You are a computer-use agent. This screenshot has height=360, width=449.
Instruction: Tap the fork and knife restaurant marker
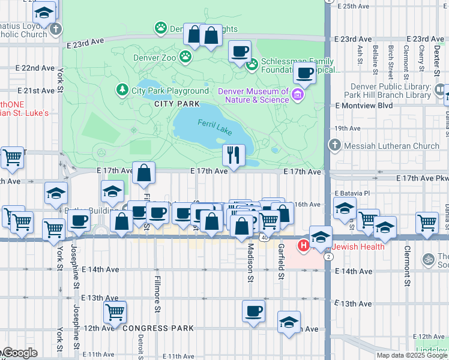click(x=234, y=155)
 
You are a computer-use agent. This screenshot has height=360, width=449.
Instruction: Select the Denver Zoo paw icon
click(x=187, y=56)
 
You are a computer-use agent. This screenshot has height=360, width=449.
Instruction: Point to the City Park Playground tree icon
click(x=122, y=91)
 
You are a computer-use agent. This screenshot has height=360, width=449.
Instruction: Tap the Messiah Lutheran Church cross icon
click(x=335, y=146)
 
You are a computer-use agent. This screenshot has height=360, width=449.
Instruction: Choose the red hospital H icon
click(x=304, y=245)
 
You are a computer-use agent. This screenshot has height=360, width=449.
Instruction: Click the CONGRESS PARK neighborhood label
click(x=158, y=328)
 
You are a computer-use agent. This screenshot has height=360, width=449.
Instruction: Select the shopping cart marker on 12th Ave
click(x=114, y=311)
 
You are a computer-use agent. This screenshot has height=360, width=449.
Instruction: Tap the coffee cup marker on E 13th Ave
click(x=253, y=311)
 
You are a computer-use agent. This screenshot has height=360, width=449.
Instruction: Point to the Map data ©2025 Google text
click(x=412, y=355)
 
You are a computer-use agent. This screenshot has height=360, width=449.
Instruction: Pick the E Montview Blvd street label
click(x=364, y=106)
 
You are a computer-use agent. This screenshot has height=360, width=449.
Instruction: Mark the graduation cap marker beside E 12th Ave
click(x=289, y=322)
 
